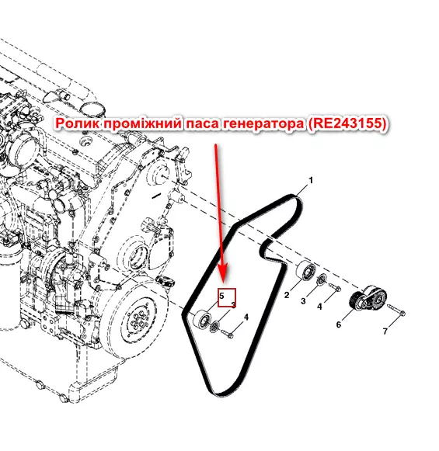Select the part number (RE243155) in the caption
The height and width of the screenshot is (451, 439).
tap(347, 123)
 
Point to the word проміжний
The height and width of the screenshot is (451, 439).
tap(142, 124)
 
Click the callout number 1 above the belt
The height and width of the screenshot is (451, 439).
tap(311, 180)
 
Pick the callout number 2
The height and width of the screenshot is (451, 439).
tap(287, 295)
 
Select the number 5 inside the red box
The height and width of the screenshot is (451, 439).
tap(221, 296)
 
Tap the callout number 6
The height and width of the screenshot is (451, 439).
tap(339, 324)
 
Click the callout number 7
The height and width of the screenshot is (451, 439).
tap(385, 331)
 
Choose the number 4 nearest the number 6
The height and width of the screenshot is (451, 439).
tap(319, 307)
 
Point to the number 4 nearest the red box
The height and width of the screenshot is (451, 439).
tap(246, 317)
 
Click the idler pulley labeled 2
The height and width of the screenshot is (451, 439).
tap(306, 271)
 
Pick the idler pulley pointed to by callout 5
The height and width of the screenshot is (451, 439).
tap(202, 320)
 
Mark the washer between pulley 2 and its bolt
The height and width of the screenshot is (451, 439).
tap(322, 279)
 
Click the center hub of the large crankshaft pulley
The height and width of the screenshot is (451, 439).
tap(139, 319)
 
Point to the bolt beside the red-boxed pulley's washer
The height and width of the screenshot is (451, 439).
tap(228, 334)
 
